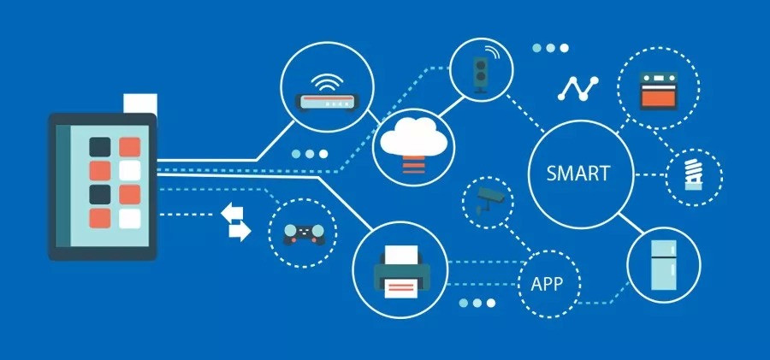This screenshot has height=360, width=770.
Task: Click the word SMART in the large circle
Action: coord(579,173)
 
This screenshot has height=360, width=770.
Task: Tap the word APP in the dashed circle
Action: coord(547,283)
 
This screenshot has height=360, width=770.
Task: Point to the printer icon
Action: coord(400,268)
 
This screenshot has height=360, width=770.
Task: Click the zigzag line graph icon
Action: coord(579,86)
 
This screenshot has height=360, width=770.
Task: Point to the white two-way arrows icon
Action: coord(236,221)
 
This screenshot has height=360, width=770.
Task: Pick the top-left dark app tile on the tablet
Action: coord(101,147)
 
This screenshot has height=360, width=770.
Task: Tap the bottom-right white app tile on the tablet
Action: coord(129,219)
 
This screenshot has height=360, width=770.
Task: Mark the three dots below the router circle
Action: coord(309,154)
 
